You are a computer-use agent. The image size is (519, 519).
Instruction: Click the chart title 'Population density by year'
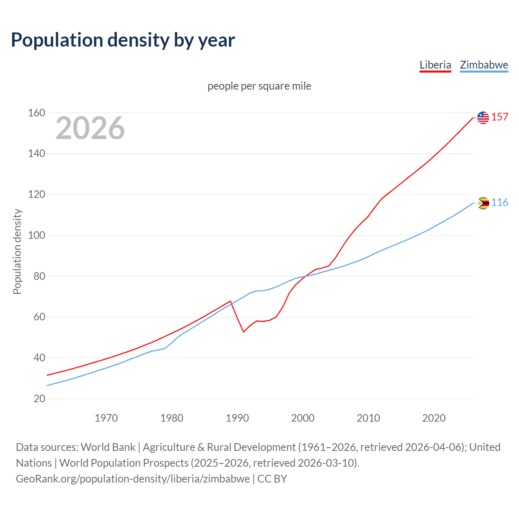(x=123, y=40)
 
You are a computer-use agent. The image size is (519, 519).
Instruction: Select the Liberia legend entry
(x=435, y=65)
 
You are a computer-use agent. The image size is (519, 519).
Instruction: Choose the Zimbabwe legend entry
(x=484, y=65)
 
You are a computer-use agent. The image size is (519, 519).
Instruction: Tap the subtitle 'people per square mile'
(x=259, y=86)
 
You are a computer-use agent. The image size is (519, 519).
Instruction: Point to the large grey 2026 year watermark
(x=90, y=128)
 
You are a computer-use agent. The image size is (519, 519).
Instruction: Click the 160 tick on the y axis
(x=36, y=113)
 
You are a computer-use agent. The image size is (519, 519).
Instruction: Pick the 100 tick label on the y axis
(x=36, y=235)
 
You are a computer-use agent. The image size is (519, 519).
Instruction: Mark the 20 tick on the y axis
(x=39, y=399)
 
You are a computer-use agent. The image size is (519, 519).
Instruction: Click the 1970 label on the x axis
(x=106, y=418)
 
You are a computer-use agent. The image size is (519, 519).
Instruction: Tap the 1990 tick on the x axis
(x=237, y=418)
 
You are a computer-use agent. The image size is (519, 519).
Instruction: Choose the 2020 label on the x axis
(x=434, y=418)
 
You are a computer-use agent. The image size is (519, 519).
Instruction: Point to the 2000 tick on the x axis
(x=303, y=418)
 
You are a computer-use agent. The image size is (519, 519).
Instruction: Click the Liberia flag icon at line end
(x=483, y=118)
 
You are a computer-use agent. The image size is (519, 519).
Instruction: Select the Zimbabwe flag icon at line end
(x=483, y=203)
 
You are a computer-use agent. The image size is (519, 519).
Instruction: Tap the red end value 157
(x=500, y=117)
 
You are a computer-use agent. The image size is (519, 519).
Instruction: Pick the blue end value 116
(x=500, y=203)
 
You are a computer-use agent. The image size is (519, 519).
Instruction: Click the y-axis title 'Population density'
(x=17, y=251)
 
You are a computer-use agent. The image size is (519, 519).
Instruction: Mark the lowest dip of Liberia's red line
(x=244, y=332)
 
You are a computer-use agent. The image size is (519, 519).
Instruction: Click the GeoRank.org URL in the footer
(x=133, y=479)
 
